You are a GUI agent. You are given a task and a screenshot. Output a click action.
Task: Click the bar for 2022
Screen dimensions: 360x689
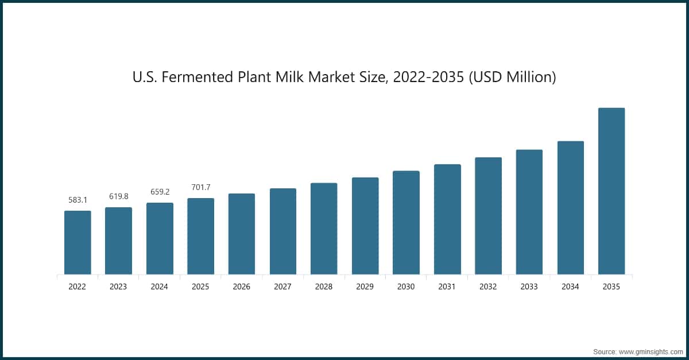pyautogui.click(x=78, y=242)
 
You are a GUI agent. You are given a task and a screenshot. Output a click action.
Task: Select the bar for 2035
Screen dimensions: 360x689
pyautogui.click(x=611, y=191)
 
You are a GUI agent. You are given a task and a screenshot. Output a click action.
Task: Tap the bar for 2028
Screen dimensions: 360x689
pyautogui.click(x=324, y=229)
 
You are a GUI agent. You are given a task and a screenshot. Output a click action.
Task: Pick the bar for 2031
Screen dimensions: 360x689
pyautogui.click(x=447, y=219)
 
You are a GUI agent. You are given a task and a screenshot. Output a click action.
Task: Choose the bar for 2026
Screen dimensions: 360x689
pyautogui.click(x=242, y=234)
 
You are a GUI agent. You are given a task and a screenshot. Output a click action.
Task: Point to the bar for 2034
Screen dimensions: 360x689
pyautogui.click(x=570, y=207)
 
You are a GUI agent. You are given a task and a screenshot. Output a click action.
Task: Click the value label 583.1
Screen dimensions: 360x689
pyautogui.click(x=78, y=200)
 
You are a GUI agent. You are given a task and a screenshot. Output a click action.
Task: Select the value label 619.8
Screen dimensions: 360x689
pyautogui.click(x=119, y=196)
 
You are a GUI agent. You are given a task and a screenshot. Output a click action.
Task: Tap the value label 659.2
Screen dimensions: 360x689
pyautogui.click(x=160, y=192)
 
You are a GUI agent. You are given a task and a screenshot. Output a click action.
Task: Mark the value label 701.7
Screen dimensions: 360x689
pyautogui.click(x=201, y=187)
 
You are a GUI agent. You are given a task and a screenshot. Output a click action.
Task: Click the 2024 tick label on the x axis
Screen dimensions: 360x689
pyautogui.click(x=160, y=287)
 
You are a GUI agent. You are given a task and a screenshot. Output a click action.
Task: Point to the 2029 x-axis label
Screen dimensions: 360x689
pyautogui.click(x=365, y=287)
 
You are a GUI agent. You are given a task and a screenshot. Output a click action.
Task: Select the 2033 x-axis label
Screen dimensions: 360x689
pyautogui.click(x=529, y=287)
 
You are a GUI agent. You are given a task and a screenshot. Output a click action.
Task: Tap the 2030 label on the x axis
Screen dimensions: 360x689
pyautogui.click(x=406, y=287)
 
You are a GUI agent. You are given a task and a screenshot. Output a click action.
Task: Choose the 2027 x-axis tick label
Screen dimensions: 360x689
pyautogui.click(x=283, y=287)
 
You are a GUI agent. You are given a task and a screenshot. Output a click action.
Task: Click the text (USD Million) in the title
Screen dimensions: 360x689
pyautogui.click(x=513, y=77)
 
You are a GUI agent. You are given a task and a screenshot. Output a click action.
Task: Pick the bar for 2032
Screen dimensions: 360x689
pyautogui.click(x=488, y=216)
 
